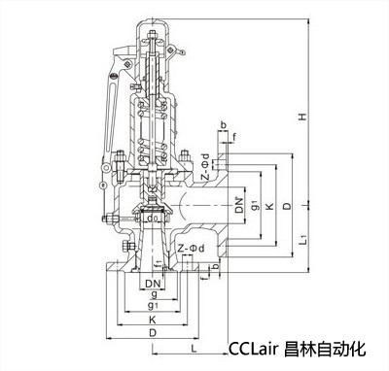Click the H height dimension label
(302, 117)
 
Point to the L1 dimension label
(303, 240)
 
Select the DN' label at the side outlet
(239, 205)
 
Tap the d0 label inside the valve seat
(152, 218)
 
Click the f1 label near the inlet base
(158, 264)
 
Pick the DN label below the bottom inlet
(153, 284)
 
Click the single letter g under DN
(155, 294)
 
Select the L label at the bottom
(194, 349)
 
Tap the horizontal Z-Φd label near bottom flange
(192, 249)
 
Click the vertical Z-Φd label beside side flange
(204, 166)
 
